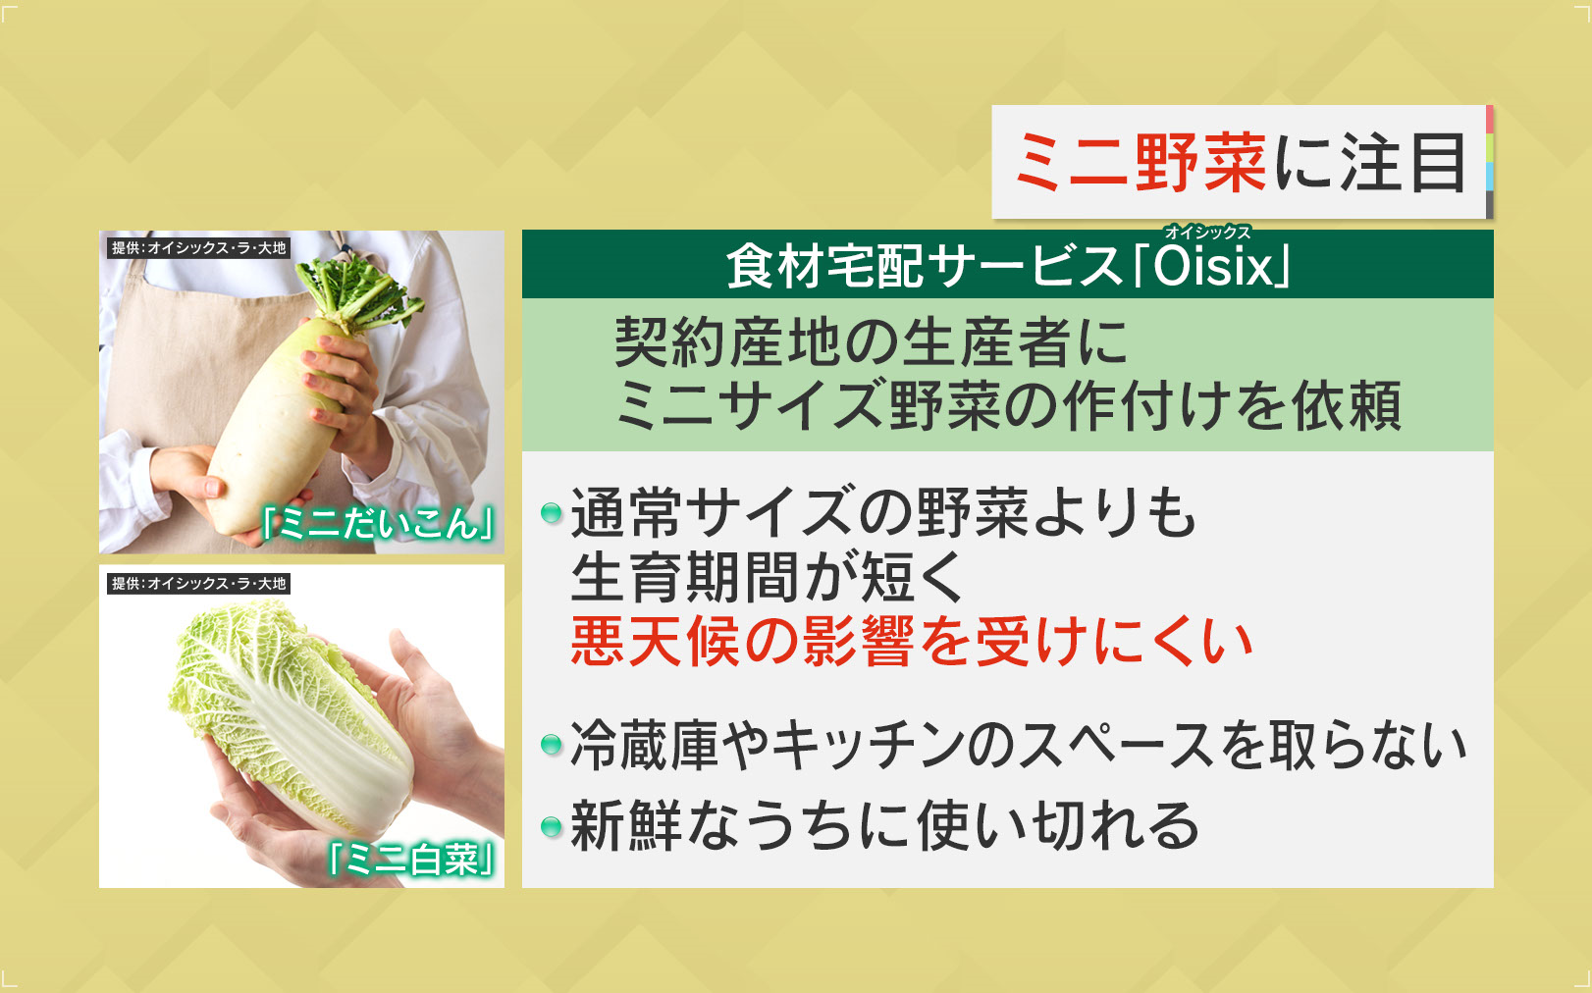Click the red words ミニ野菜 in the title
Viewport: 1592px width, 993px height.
point(1141,163)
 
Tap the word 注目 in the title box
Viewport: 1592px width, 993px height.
point(1403,163)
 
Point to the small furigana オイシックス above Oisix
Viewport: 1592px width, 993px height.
point(1207,232)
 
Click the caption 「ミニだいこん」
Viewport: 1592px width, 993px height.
point(378,524)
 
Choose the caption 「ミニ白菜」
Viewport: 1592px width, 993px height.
point(410,861)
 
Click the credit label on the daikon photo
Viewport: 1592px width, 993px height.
point(199,248)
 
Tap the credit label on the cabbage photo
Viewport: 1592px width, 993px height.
point(199,584)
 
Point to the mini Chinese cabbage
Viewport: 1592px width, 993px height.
point(292,717)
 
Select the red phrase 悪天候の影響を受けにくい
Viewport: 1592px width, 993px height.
point(911,642)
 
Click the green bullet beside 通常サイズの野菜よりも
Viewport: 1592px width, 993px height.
point(552,513)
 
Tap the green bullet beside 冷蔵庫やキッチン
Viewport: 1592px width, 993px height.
point(552,745)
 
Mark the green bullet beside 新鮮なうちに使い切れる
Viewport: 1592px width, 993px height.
point(552,826)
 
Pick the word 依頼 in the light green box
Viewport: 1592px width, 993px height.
point(1346,405)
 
